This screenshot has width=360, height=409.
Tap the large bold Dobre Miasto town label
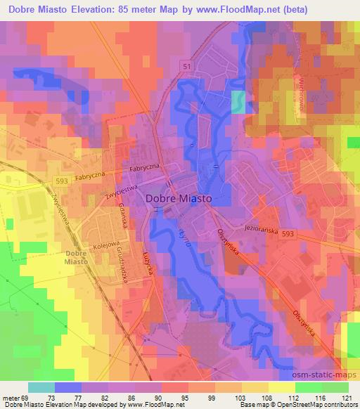tap(179, 199)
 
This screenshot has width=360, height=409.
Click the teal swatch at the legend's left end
tap(41, 387)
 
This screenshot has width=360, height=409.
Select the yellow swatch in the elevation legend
tap(281, 387)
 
